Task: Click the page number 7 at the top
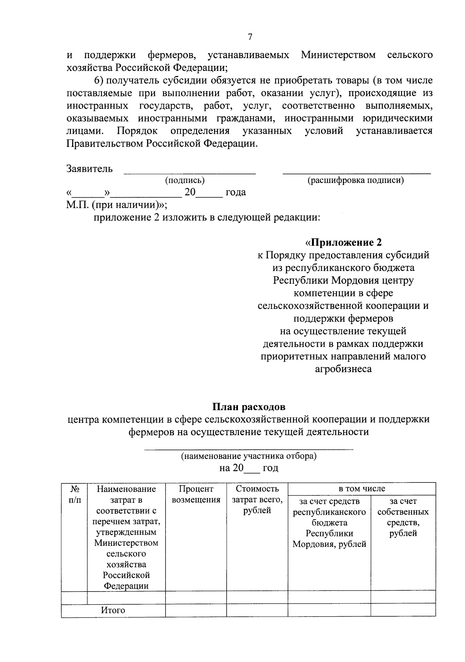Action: click(250, 37)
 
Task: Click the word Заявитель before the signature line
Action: click(90, 169)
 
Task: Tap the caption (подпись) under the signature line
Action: click(184, 180)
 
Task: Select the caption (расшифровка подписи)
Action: click(355, 180)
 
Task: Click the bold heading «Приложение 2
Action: click(343, 242)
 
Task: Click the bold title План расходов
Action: click(249, 407)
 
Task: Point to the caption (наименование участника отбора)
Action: click(249, 456)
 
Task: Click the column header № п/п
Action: click(75, 494)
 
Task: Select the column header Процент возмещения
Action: click(196, 494)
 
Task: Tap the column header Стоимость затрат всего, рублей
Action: click(257, 500)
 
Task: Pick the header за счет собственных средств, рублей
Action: click(403, 517)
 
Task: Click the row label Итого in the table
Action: click(113, 610)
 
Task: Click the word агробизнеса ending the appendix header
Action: click(343, 369)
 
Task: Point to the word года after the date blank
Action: click(236, 192)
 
